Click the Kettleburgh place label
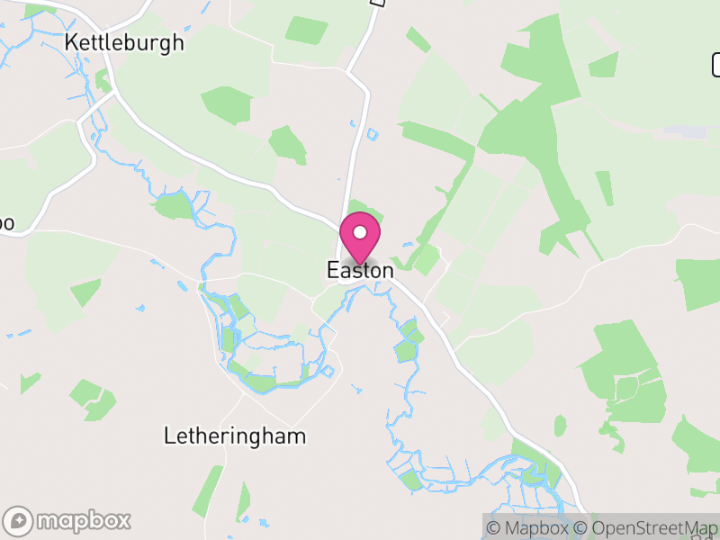point(124,42)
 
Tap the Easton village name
point(360,270)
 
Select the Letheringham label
point(234,436)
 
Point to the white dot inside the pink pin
point(360,232)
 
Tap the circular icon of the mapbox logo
point(19,520)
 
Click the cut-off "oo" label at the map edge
point(6,222)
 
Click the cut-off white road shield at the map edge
point(716,65)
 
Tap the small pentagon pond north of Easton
point(373,135)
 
